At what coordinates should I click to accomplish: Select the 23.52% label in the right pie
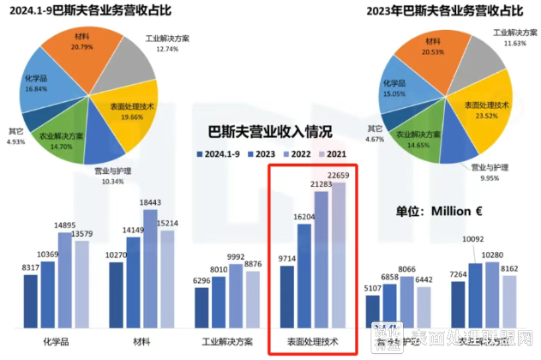479,117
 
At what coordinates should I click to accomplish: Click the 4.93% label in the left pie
15,141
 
